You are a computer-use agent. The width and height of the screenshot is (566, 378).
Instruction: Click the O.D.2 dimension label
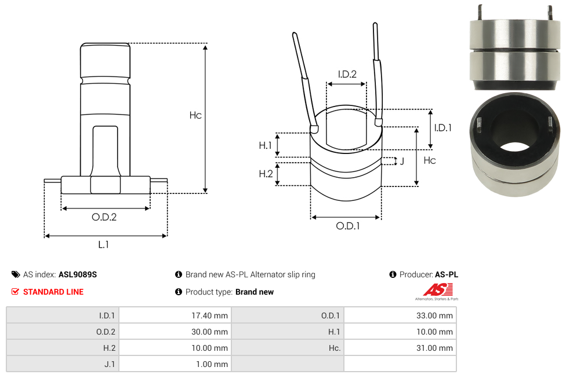pos(104,217)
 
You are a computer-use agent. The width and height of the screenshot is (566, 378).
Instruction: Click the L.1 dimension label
pos(103,245)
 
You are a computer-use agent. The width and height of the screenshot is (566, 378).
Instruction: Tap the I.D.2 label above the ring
pos(347,74)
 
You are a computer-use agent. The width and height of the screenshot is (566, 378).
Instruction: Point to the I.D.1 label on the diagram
pos(442,128)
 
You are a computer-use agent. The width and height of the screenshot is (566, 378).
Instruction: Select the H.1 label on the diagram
pos(265,145)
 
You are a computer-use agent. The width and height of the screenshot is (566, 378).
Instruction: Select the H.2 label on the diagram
pos(265,174)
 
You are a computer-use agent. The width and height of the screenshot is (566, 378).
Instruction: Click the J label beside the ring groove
pos(401,161)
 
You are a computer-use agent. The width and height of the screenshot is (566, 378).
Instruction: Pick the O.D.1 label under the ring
pos(347,226)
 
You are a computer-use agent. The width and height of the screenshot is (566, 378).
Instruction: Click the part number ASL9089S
pos(78,274)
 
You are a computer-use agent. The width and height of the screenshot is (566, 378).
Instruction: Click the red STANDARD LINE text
pos(53,292)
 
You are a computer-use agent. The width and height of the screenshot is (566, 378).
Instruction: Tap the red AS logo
pos(434,289)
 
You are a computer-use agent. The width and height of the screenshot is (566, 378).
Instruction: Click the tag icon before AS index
pos(16,274)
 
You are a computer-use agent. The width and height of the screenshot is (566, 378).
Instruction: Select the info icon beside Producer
pos(393,274)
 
